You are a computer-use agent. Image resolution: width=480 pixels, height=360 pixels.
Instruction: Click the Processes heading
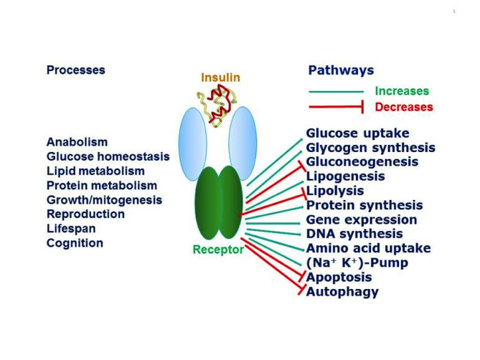click(76, 70)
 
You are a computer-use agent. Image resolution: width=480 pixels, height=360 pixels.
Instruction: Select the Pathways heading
click(341, 70)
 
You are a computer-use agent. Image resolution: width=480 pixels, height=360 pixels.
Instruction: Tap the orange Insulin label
click(220, 78)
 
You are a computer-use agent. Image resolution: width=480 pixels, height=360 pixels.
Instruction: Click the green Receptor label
click(217, 250)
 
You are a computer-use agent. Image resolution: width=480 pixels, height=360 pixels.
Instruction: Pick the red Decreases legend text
click(404, 107)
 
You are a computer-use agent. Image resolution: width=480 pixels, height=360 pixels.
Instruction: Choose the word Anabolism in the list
click(77, 142)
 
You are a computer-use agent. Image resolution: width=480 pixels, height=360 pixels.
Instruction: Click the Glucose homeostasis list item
click(108, 157)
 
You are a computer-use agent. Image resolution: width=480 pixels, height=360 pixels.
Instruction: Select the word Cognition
click(75, 243)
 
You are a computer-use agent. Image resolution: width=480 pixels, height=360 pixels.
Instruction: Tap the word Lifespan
click(71, 228)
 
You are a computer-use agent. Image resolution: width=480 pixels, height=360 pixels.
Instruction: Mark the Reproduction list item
click(86, 214)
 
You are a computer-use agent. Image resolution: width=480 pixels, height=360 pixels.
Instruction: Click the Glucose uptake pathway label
click(357, 134)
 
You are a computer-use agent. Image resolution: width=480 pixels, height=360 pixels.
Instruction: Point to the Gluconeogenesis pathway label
click(362, 162)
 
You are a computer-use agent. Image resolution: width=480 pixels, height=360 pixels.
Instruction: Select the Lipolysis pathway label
click(335, 191)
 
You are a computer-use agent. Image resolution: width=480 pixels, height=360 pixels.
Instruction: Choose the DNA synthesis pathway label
click(354, 234)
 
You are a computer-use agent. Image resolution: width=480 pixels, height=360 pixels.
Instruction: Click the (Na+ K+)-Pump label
click(357, 263)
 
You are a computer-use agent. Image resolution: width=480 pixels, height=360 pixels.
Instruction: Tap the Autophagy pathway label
click(342, 292)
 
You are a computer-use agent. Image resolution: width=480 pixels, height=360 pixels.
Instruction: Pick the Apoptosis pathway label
click(339, 277)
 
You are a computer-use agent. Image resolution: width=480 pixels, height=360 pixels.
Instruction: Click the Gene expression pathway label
click(361, 220)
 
